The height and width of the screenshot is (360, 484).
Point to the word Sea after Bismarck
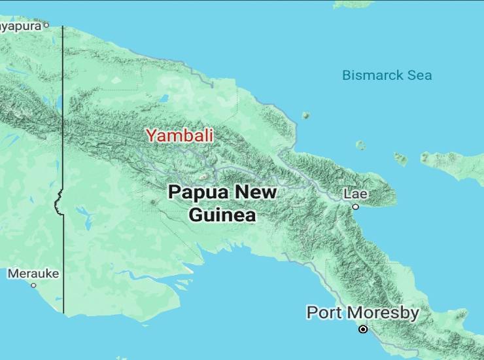coord(419,75)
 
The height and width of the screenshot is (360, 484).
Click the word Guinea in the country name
coord(222,215)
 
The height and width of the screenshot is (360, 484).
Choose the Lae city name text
coord(356,194)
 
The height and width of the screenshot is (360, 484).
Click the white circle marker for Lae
coord(356,207)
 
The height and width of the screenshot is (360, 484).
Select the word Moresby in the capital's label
coord(382,313)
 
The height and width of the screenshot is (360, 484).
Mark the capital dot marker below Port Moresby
coord(363,329)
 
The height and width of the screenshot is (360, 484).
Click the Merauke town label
coord(33,274)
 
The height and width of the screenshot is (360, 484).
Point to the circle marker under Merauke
coord(33,285)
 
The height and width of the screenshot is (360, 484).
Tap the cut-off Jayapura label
coord(20,26)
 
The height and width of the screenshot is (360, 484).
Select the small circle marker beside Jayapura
coord(46,26)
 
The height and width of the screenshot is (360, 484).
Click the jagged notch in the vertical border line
coord(58,200)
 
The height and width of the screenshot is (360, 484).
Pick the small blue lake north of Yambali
coord(164,99)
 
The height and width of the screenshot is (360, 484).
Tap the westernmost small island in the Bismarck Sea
coord(305,116)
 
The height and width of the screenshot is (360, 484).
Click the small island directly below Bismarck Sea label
coord(360,145)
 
